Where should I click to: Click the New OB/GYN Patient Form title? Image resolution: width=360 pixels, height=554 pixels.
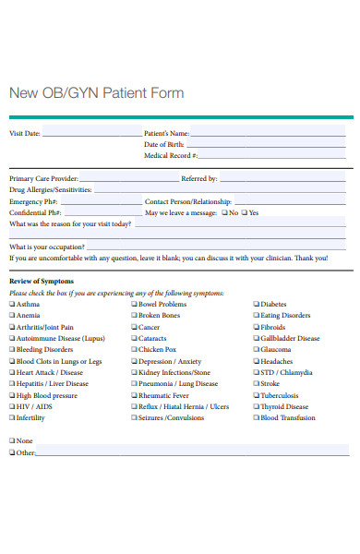pyautogui.click(x=96, y=93)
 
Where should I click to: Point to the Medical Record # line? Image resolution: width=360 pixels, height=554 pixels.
pyautogui.click(x=273, y=158)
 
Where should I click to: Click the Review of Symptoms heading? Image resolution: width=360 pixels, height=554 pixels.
pyautogui.click(x=41, y=281)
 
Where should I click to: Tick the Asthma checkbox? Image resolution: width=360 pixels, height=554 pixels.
pyautogui.click(x=12, y=304)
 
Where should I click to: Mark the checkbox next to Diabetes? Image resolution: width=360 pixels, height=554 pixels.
pyautogui.click(x=257, y=304)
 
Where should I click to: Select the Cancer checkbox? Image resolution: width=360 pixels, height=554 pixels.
pyautogui.click(x=134, y=327)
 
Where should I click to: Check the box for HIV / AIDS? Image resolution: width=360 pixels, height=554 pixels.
pyautogui.click(x=12, y=406)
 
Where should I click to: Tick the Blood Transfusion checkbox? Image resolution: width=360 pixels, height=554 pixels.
pyautogui.click(x=257, y=417)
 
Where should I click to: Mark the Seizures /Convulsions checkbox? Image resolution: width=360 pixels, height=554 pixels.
pyautogui.click(x=134, y=417)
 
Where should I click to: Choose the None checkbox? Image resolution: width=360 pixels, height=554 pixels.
pyautogui.click(x=12, y=441)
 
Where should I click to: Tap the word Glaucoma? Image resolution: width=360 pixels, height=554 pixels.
pyautogui.click(x=276, y=350)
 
